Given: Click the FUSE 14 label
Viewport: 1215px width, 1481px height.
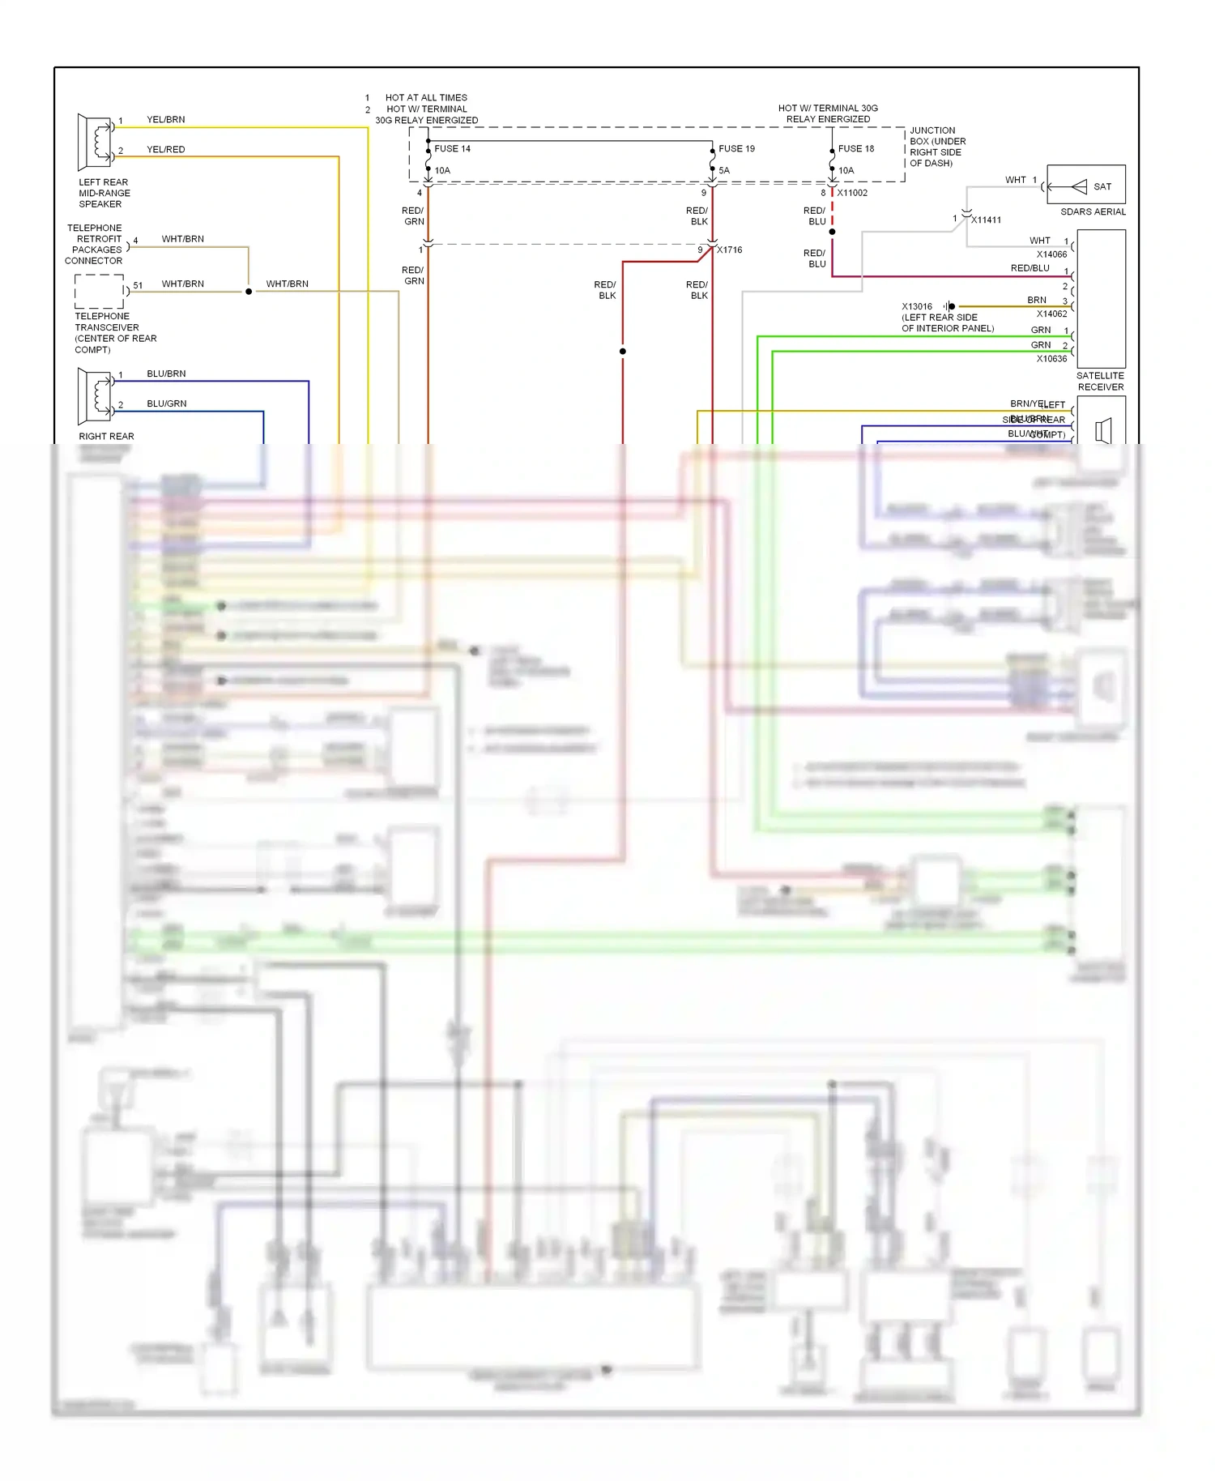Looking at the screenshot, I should click(x=452, y=149).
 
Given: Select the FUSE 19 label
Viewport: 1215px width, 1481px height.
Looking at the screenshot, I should click(x=736, y=149).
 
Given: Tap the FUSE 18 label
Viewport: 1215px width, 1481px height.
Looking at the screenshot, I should click(x=856, y=149).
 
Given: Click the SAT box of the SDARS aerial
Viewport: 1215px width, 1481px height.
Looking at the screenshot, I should click(x=1086, y=186).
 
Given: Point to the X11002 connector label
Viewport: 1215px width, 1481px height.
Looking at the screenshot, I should click(x=852, y=193).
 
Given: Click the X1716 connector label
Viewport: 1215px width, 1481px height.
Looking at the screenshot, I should click(x=729, y=250).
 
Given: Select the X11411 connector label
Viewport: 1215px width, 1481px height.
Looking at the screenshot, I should click(x=986, y=220).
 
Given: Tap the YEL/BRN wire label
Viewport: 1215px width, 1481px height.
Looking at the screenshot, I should click(x=165, y=120).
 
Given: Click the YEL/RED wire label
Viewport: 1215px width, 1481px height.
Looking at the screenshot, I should click(x=165, y=150).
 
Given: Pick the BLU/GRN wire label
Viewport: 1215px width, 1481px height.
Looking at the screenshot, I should click(x=166, y=403).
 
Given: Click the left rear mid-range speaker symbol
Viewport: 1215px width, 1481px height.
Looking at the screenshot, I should click(x=95, y=142).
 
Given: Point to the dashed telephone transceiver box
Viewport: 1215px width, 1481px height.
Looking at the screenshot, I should click(x=99, y=291).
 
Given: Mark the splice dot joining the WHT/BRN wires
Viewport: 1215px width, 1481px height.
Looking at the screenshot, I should click(x=249, y=292).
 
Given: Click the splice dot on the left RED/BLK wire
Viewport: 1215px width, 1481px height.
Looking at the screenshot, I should click(x=623, y=352).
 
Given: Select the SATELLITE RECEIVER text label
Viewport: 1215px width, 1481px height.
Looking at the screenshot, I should click(x=1100, y=382).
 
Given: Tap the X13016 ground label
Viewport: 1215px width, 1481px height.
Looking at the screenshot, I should click(x=917, y=307).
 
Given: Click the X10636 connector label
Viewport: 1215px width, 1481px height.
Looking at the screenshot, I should click(x=1051, y=359).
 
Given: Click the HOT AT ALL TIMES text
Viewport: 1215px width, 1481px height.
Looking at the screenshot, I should click(x=426, y=98).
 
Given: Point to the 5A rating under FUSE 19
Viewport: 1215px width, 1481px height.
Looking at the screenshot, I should click(x=724, y=171).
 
